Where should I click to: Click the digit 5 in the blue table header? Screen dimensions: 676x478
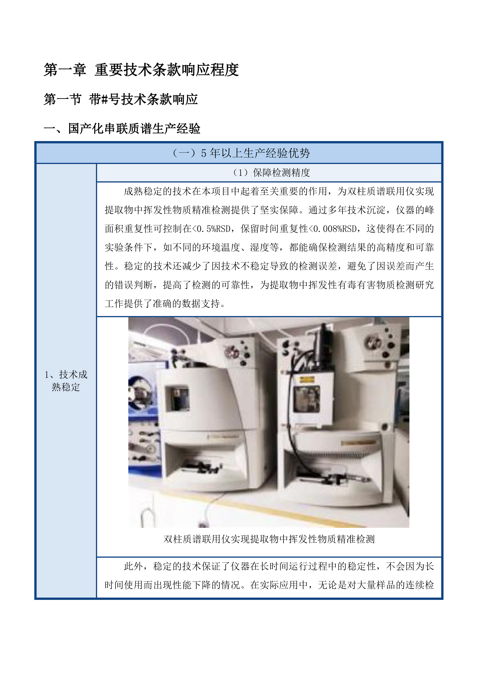coord(203,153)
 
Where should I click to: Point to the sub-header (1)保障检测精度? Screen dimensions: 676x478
coord(271,172)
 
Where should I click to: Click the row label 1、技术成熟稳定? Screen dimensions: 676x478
coord(66,381)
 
